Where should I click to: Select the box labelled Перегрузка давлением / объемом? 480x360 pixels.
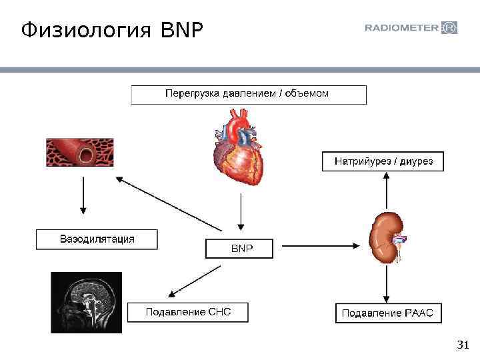coord(248,94)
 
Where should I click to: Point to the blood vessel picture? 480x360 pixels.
coord(79,153)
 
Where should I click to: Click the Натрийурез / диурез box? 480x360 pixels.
coord(383,161)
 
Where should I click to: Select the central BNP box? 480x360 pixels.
coord(239,249)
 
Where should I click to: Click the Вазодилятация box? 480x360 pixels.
coord(97,239)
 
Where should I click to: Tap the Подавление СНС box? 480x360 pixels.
coord(187,312)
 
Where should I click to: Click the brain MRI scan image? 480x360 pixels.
coord(87,302)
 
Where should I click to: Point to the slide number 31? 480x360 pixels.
coord(463,345)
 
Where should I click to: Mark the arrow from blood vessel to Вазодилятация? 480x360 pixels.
coord(83,197)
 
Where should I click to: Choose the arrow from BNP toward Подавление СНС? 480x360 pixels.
coord(195,279)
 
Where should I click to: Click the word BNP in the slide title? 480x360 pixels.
coord(180,29)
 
